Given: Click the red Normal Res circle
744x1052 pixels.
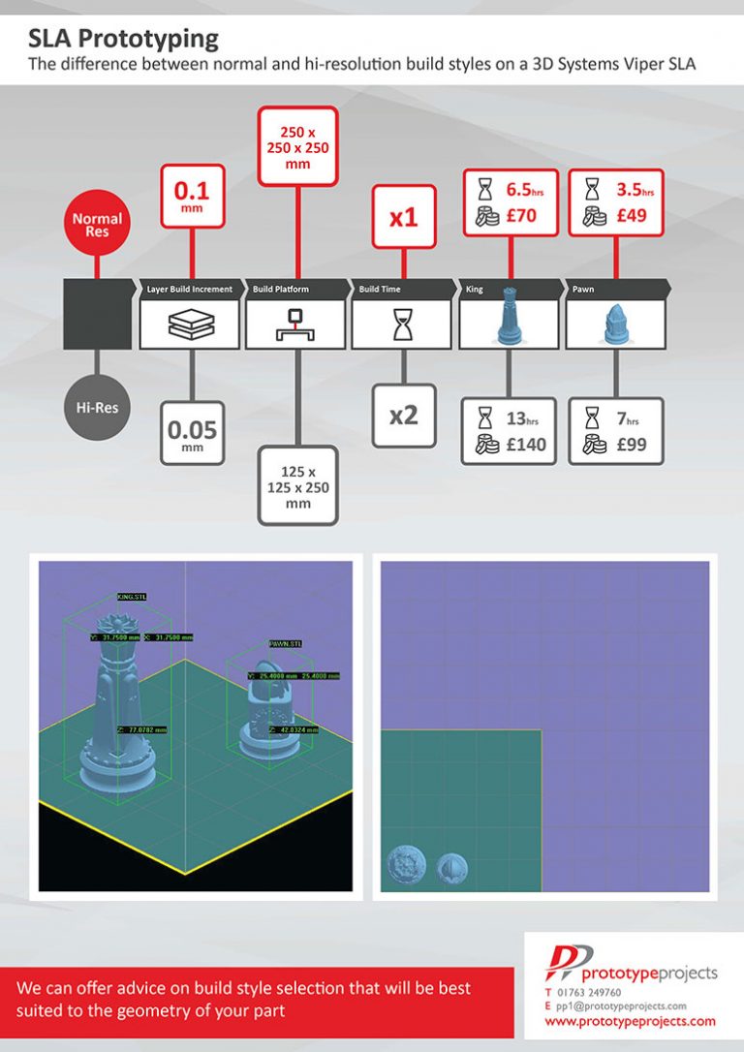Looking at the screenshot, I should click(x=97, y=225).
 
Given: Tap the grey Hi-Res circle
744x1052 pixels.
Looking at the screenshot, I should click(x=97, y=407).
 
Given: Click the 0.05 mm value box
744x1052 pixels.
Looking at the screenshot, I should click(x=192, y=432).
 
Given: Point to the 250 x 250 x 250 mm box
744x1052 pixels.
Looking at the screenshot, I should click(x=297, y=144).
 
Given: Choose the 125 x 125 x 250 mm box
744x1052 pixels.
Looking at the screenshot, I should click(x=297, y=484).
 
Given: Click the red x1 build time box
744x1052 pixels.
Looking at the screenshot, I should click(x=403, y=217).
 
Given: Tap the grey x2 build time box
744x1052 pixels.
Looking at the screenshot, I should click(x=403, y=415).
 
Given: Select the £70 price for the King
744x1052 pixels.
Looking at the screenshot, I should click(x=520, y=216).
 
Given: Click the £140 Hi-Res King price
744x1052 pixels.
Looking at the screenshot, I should click(x=526, y=445).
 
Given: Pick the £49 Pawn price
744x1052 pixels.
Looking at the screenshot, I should click(x=631, y=216).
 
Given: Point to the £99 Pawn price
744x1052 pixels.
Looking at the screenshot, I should click(x=631, y=445).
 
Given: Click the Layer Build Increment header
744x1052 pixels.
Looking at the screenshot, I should click(x=190, y=289).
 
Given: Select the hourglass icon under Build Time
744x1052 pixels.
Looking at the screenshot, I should click(x=402, y=326).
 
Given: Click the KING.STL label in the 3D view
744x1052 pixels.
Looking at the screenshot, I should click(x=132, y=597).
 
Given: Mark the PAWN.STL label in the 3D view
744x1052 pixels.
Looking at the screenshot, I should click(x=286, y=642).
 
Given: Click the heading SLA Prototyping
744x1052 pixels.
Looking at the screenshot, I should click(x=123, y=40).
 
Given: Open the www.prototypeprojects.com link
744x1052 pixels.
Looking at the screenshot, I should click(x=630, y=1021).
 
